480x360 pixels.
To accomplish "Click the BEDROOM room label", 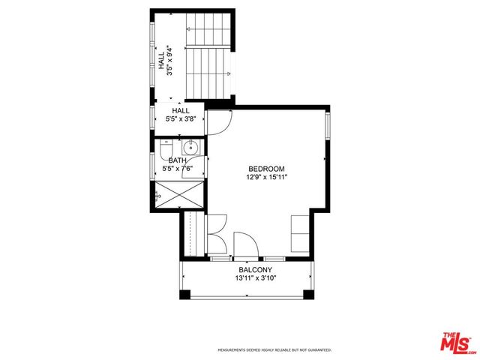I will (x=266, y=169).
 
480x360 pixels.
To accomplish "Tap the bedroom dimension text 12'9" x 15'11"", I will (x=266, y=178).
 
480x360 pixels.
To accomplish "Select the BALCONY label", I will (x=255, y=270).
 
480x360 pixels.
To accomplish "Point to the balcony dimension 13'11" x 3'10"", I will (x=255, y=278).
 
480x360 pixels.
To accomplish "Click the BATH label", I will (x=177, y=160).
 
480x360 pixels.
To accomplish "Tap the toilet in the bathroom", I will (x=167, y=146).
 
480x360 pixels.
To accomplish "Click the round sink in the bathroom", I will (x=192, y=145).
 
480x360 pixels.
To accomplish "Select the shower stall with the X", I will (x=181, y=194).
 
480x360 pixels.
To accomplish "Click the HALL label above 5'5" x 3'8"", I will (x=181, y=111).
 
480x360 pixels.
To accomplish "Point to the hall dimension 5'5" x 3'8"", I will (x=181, y=119).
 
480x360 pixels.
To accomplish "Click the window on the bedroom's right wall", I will (x=326, y=124).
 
